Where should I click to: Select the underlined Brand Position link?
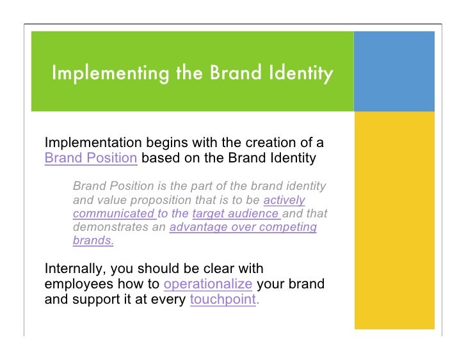click(x=91, y=157)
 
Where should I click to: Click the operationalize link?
click(x=208, y=285)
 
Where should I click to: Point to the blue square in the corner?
click(x=394, y=71)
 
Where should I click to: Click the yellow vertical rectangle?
click(x=394, y=221)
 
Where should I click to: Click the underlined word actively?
click(x=284, y=200)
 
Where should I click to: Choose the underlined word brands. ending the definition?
click(x=93, y=242)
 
